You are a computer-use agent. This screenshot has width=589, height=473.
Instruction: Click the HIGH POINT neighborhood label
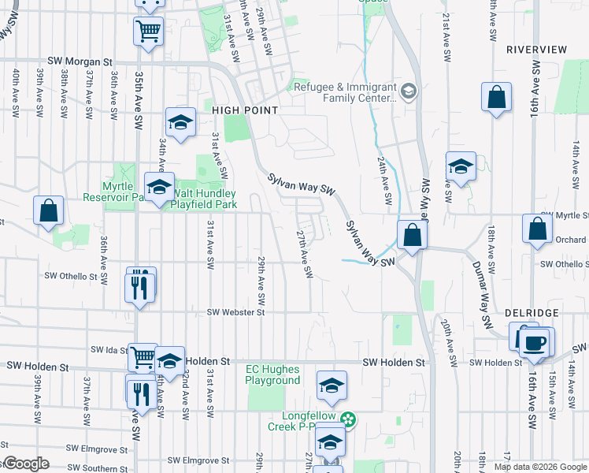(244, 111)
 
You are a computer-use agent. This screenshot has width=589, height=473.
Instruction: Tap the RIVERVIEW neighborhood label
(536, 49)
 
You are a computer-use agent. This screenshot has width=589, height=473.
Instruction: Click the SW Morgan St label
(80, 61)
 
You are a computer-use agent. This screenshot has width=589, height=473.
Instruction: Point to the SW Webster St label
(235, 312)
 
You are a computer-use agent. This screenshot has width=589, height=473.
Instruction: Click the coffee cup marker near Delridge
(535, 341)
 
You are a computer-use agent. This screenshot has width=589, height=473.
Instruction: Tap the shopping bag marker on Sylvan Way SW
(412, 234)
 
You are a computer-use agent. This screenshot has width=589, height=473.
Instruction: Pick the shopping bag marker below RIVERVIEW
(496, 99)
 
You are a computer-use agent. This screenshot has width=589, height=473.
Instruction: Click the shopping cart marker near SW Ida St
(143, 357)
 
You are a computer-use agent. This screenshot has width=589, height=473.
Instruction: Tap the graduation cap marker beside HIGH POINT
(180, 123)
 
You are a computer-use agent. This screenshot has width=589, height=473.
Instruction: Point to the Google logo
(25, 464)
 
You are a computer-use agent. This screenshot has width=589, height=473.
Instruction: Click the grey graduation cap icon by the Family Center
(408, 92)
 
